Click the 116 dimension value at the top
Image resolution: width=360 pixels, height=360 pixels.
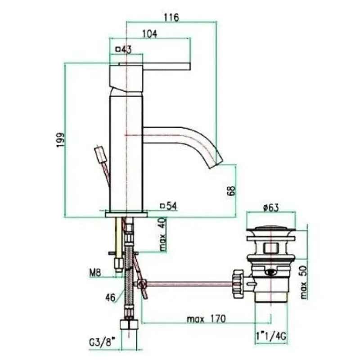point(171,17)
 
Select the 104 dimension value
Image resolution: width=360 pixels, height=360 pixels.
point(150,34)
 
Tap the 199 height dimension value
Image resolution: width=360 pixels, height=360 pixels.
point(61,140)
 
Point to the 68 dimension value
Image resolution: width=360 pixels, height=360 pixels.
point(232,190)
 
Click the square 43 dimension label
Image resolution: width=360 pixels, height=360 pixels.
point(124,49)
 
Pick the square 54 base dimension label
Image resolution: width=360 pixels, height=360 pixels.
point(169,206)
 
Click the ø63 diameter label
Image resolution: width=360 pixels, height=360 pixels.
point(271,208)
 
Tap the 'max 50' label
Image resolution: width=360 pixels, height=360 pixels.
point(303,282)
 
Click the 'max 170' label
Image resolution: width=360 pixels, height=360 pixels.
point(206,319)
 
